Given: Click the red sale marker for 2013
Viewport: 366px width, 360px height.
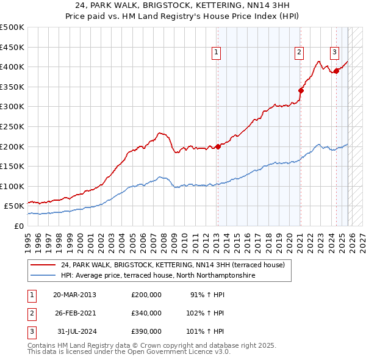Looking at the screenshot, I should pyautogui.click(x=218, y=146).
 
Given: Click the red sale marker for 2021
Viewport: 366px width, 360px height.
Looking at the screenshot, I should pyautogui.click(x=301, y=91).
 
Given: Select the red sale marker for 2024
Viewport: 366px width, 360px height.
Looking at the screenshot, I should pyautogui.click(x=336, y=71).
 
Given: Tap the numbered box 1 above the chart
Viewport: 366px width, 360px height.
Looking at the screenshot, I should pyautogui.click(x=217, y=53).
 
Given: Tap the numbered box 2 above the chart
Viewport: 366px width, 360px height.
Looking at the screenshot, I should pyautogui.click(x=300, y=53).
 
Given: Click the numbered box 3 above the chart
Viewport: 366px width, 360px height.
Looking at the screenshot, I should pyautogui.click(x=335, y=53).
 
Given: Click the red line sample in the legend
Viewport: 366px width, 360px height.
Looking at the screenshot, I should pyautogui.click(x=43, y=265).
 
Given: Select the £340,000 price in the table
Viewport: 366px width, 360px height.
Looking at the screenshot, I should pyautogui.click(x=146, y=313).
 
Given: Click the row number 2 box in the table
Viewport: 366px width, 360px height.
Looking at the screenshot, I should pyautogui.click(x=30, y=313).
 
